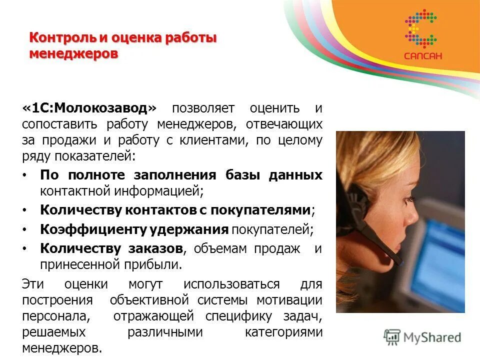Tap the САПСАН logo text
click(423, 56)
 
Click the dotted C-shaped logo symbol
click(422, 29)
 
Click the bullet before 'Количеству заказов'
click(26, 248)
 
